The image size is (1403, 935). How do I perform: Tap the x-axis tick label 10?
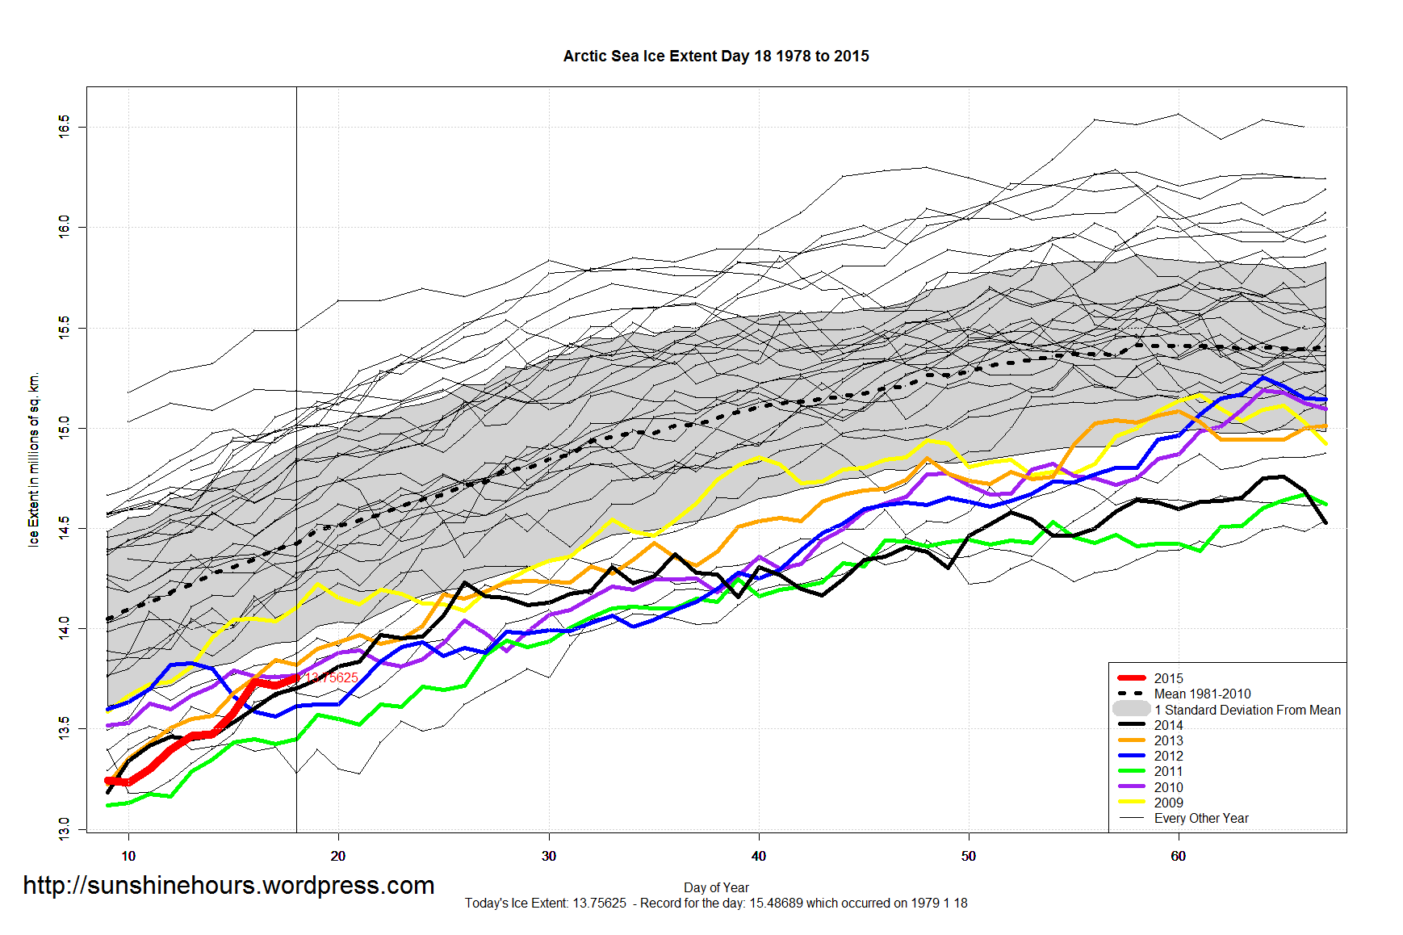[x=128, y=856]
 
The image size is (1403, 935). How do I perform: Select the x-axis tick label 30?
[x=549, y=856]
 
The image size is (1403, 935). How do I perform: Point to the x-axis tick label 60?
[x=1179, y=856]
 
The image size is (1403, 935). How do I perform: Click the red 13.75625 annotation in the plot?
[x=332, y=677]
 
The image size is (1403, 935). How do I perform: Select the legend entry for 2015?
[x=1168, y=678]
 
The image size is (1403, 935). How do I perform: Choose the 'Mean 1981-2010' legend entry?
[x=1202, y=694]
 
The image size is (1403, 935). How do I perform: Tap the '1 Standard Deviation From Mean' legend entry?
[x=1247, y=710]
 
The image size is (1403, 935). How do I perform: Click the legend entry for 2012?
[x=1168, y=756]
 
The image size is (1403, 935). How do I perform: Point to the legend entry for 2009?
[x=1168, y=803]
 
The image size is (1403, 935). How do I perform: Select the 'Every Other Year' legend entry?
[x=1201, y=818]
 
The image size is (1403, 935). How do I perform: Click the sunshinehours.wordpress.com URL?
[x=228, y=886]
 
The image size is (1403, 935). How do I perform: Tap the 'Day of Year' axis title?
[x=716, y=887]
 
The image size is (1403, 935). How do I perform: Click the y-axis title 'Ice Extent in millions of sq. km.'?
[x=34, y=460]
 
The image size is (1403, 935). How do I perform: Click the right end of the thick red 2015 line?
[x=296, y=677]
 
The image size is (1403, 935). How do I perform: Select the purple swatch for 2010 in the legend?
[x=1132, y=786]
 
